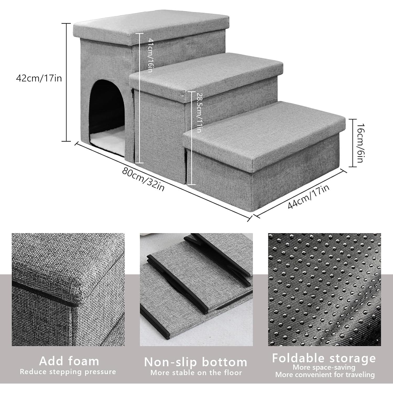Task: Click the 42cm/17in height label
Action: click(x=39, y=78)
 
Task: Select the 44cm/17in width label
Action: click(x=309, y=196)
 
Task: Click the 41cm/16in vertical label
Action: click(x=150, y=55)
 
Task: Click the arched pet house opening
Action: click(x=107, y=110)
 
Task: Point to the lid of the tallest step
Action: click(x=151, y=26)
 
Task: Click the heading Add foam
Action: click(x=69, y=361)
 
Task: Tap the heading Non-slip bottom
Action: click(x=196, y=362)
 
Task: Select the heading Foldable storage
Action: click(x=324, y=358)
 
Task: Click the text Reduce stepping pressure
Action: click(x=68, y=372)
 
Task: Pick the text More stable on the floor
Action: click(x=196, y=372)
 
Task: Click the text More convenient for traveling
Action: click(x=325, y=375)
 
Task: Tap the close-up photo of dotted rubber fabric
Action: click(x=324, y=290)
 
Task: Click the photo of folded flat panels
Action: click(x=196, y=290)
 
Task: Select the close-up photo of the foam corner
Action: click(x=68, y=290)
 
